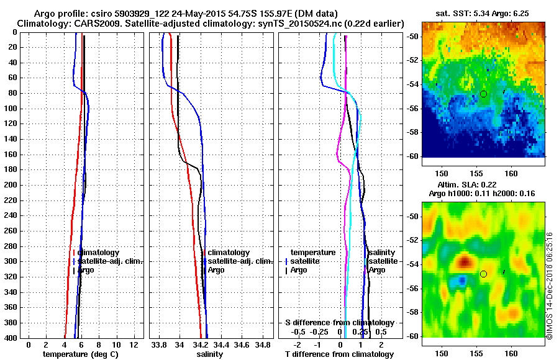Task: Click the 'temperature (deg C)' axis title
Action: pos(80,354)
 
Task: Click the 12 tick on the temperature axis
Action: pos(133,344)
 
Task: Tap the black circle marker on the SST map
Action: pos(483,94)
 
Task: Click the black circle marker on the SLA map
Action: pos(483,274)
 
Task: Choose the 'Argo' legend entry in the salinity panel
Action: pos(216,270)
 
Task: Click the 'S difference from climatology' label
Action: pos(339,323)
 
